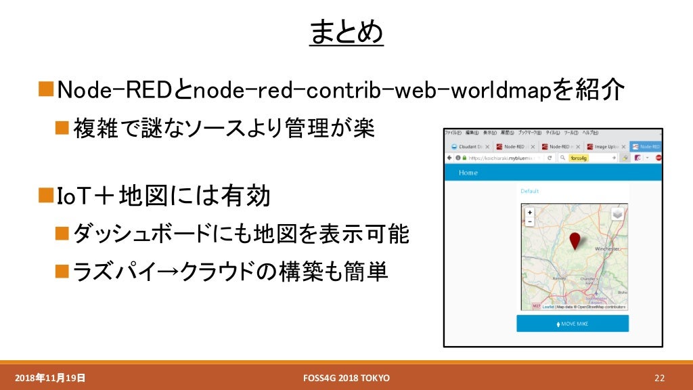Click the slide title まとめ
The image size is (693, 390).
(346, 32)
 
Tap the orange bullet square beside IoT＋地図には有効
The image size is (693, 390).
(45, 196)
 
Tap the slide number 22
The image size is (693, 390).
(660, 377)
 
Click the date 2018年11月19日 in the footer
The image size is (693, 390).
(50, 377)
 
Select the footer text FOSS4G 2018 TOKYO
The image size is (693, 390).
(347, 377)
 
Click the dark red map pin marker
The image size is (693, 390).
(575, 240)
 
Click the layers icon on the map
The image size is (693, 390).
(617, 214)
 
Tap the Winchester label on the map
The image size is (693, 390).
(606, 249)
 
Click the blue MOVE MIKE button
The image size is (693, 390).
(573, 324)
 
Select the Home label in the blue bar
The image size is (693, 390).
(468, 173)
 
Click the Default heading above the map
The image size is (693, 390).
(529, 192)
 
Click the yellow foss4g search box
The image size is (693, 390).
(579, 158)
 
